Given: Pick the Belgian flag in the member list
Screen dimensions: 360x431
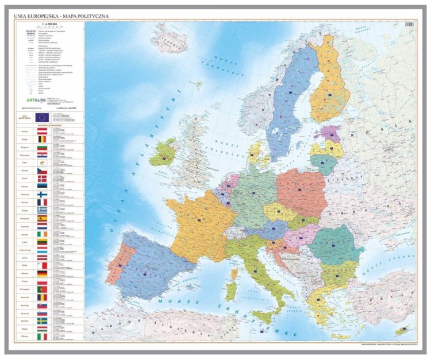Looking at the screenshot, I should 41,140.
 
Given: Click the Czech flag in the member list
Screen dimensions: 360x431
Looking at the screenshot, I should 41,171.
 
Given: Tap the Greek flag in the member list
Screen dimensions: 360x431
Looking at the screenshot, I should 41,211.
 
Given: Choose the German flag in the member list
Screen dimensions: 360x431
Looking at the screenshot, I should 41,274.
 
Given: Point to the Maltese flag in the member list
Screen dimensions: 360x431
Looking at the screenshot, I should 41,266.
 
